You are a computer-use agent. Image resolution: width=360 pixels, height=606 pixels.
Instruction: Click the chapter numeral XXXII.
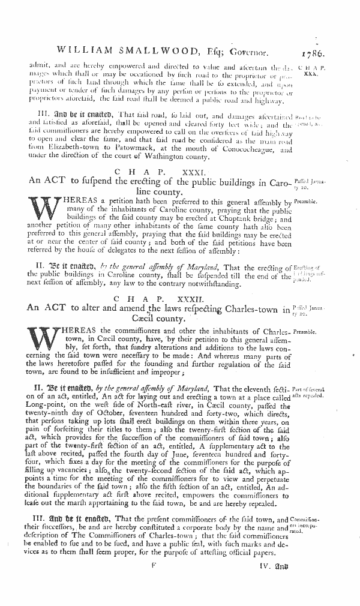[x=208, y=298]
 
